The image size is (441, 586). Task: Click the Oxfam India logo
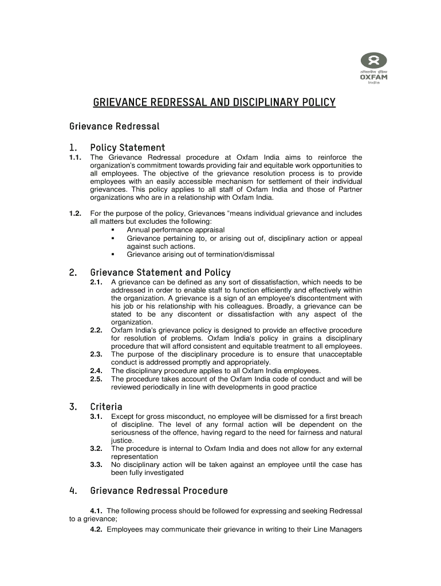tap(373, 67)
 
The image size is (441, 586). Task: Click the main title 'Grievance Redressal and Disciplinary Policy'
tap(214, 103)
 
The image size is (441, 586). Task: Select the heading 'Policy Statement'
tap(127, 148)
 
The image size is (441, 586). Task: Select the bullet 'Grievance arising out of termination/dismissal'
tap(200, 254)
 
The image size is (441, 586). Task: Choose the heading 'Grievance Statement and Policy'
tap(160, 272)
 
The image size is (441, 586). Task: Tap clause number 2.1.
tap(96, 282)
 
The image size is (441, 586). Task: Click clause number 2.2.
tap(96, 330)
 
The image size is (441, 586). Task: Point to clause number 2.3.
tap(96, 354)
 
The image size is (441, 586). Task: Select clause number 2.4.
tap(96, 370)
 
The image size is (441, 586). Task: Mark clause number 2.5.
tap(96, 379)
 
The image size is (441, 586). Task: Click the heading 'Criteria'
tap(106, 407)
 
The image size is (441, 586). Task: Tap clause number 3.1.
tap(96, 417)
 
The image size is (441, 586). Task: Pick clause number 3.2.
tap(96, 449)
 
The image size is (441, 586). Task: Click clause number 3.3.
tap(96, 465)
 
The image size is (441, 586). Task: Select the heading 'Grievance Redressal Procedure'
tap(159, 491)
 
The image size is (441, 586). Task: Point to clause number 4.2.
tap(96, 529)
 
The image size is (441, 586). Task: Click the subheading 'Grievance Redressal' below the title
tap(114, 125)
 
